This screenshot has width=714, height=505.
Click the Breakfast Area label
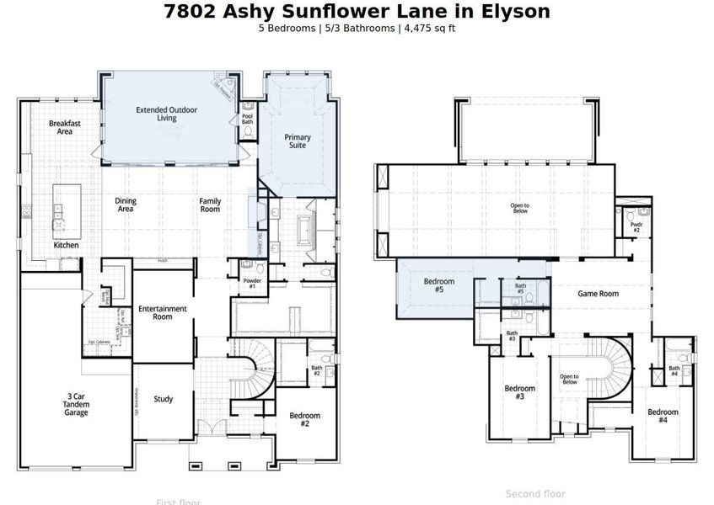65,127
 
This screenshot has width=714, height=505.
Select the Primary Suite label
297,141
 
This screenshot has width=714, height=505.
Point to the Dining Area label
125,205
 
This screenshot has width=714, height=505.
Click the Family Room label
210,205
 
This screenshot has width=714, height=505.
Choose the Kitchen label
67,245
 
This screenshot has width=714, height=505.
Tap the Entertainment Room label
162,312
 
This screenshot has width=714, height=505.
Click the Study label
163,399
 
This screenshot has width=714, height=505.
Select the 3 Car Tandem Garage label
77,404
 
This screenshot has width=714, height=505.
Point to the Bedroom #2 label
304,419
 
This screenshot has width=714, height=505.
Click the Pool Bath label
248,120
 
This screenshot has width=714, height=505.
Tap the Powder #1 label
251,284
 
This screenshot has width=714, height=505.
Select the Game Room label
598,294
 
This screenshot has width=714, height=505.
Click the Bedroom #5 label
438,285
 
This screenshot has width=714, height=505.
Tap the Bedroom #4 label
663,415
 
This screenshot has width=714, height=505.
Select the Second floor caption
535,494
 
